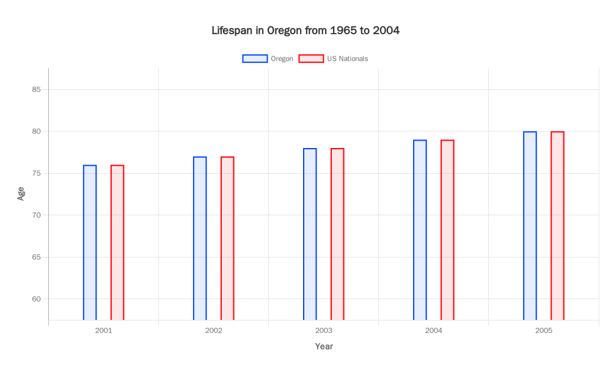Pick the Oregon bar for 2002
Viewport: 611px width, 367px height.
[200, 239]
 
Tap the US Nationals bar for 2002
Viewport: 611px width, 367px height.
[227, 239]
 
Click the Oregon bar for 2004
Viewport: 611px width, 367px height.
[420, 230]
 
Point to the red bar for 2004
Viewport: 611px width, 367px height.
[447, 230]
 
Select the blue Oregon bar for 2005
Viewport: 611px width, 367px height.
[530, 226]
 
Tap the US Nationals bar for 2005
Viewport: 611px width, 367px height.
[557, 226]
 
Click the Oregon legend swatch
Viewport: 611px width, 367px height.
[255, 59]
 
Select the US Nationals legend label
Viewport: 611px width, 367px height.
[347, 59]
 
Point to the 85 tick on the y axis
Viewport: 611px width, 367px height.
[37, 89]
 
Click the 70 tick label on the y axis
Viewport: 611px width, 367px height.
[37, 215]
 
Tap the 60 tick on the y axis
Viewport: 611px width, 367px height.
[37, 299]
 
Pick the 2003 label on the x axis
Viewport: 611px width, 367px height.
[324, 330]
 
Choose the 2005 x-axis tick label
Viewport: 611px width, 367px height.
[544, 330]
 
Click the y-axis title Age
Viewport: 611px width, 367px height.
[21, 194]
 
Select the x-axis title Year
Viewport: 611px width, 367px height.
[324, 347]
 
